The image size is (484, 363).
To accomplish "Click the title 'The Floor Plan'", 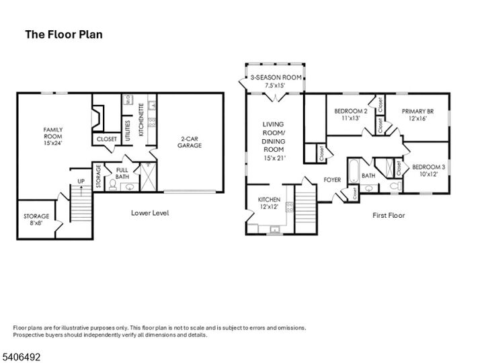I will tap(64, 34).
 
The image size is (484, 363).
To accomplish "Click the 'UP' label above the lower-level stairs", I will tap(81, 181).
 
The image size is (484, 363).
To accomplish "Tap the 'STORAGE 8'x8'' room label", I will tap(36, 220).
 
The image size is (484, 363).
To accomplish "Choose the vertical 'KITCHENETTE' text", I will tap(141, 120).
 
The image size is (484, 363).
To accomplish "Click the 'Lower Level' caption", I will tap(149, 213).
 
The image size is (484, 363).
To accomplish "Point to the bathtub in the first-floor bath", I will tap(352, 172).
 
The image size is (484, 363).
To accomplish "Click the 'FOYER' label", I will tap(333, 179).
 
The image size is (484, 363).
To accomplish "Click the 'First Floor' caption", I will tap(389, 215).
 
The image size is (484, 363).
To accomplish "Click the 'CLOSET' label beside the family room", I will tap(106, 139).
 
